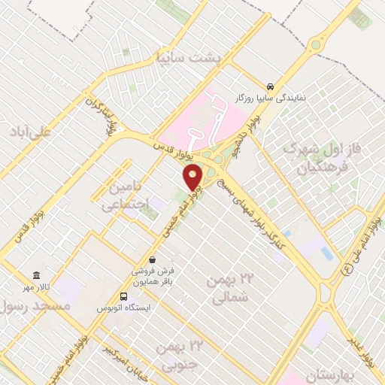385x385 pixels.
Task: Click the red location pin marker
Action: point(193,177)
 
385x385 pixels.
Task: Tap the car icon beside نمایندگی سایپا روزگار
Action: point(270,85)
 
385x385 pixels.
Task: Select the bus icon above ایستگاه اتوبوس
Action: point(124,296)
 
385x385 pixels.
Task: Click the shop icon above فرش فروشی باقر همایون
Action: point(153,259)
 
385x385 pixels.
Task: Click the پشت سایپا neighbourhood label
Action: point(185,56)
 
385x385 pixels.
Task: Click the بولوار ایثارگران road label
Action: point(101,114)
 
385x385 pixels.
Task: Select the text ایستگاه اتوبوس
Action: point(124,308)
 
